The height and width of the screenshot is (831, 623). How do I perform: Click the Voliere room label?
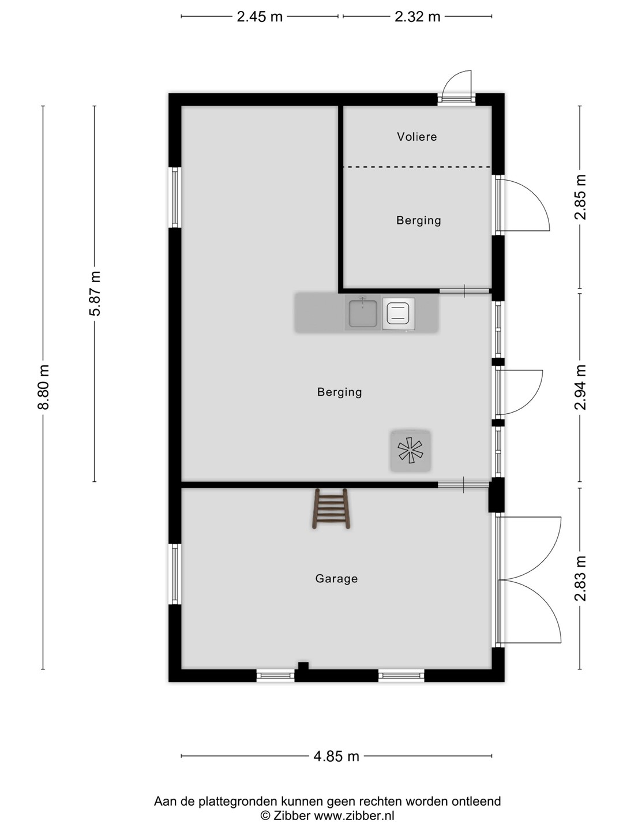pyautogui.click(x=416, y=137)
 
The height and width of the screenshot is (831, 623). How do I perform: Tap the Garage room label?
pyautogui.click(x=336, y=578)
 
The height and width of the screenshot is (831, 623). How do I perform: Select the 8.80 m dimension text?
pyautogui.click(x=43, y=387)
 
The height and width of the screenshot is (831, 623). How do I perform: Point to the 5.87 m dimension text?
pyautogui.click(x=95, y=293)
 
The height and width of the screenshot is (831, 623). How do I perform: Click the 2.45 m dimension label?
pyautogui.click(x=260, y=17)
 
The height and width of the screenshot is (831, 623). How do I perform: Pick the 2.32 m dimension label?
pyautogui.click(x=417, y=17)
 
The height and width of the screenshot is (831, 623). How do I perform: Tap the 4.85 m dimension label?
pyautogui.click(x=336, y=757)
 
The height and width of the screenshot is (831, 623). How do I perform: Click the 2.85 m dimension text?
pyautogui.click(x=580, y=197)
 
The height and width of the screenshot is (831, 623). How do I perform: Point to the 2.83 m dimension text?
pyautogui.click(x=580, y=578)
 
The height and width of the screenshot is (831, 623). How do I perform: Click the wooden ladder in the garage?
pyautogui.click(x=331, y=508)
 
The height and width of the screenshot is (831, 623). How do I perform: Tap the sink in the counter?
pyautogui.click(x=362, y=313)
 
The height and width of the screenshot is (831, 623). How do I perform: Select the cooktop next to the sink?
pyautogui.click(x=398, y=314)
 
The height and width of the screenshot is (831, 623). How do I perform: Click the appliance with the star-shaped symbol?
pyautogui.click(x=410, y=451)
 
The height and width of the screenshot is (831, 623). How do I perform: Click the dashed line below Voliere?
pyautogui.click(x=417, y=167)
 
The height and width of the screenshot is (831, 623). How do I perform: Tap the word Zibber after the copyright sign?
pyautogui.click(x=292, y=815)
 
